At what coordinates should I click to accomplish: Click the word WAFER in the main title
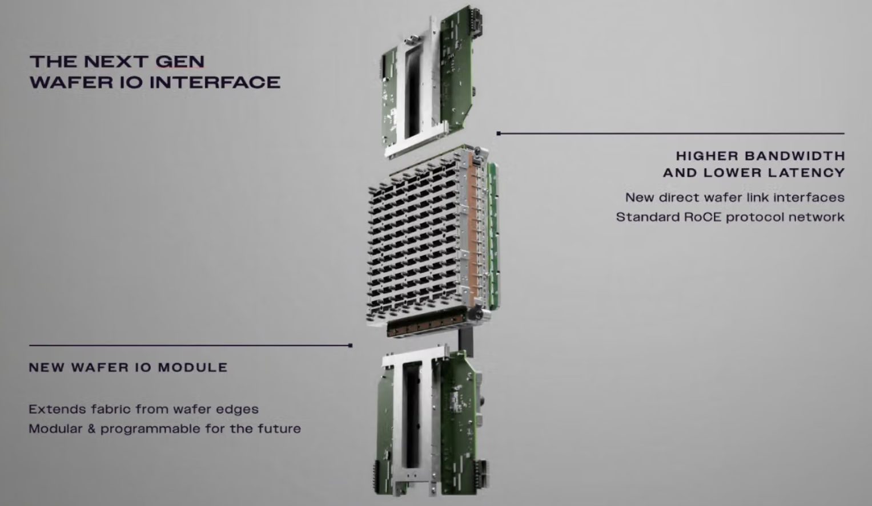tap(71, 82)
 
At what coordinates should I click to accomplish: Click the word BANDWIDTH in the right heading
tap(795, 156)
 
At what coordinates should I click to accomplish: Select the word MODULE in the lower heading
tap(192, 367)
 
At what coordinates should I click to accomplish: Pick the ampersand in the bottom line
tap(91, 428)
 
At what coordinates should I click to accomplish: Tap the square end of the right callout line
tap(499, 133)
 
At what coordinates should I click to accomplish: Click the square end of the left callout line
tap(351, 345)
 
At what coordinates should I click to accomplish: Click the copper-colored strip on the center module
tap(473, 229)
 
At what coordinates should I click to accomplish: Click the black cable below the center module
tap(466, 342)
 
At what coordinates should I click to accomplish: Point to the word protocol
tap(755, 217)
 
